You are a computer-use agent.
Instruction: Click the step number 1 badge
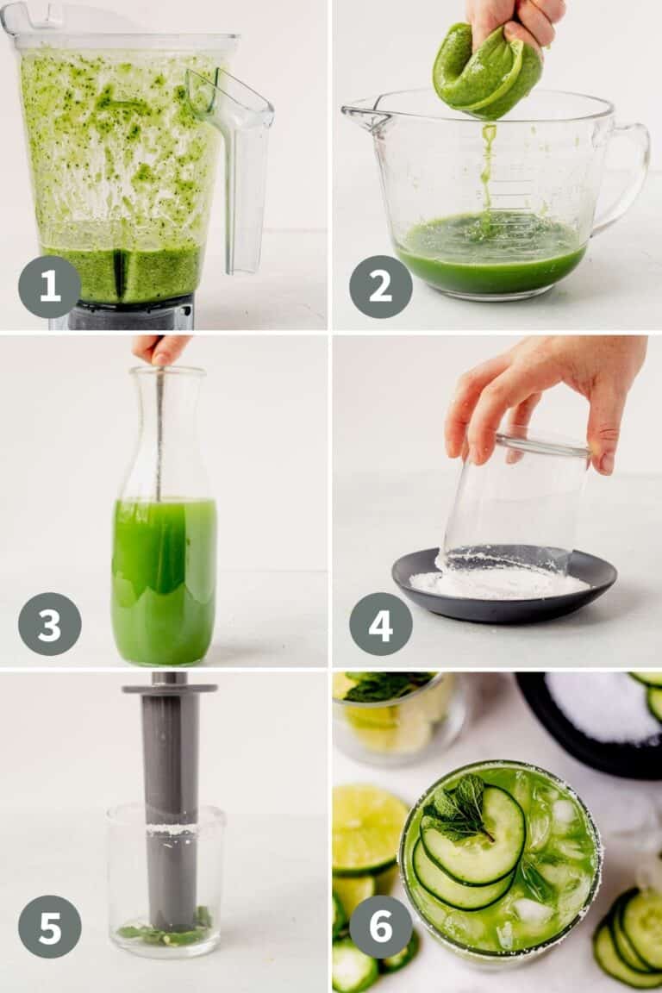pyautogui.click(x=49, y=287)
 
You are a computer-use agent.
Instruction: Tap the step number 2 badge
pyautogui.click(x=381, y=287)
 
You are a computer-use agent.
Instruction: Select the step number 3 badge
pyautogui.click(x=49, y=624)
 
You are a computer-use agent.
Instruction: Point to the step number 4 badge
pyautogui.click(x=381, y=624)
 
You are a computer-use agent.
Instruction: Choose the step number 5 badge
pyautogui.click(x=49, y=927)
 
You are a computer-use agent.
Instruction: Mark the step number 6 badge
pyautogui.click(x=381, y=927)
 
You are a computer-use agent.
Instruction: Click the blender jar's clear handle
pyautogui.click(x=240, y=165)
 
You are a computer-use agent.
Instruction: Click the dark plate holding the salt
pyautogui.click(x=503, y=586)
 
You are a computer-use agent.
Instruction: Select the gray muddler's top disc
pyautogui.click(x=170, y=689)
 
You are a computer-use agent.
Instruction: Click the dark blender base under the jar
pyautogui.click(x=130, y=314)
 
